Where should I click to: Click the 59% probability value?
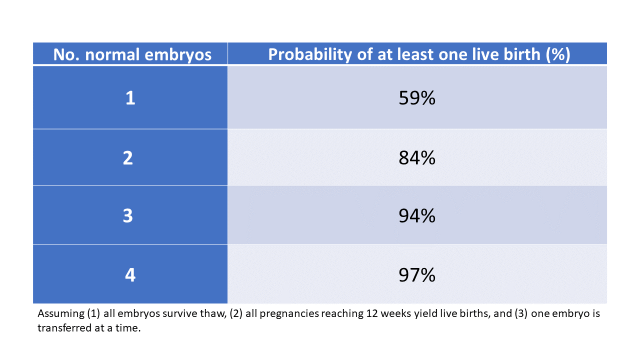point(417,98)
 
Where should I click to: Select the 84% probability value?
point(417,158)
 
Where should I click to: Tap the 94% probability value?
point(417,216)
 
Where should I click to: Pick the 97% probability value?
point(417,275)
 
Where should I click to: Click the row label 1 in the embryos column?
point(130,98)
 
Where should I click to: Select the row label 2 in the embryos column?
point(128,158)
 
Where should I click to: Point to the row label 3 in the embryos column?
point(128,216)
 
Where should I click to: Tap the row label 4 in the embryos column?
point(130,275)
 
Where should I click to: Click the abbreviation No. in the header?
point(67,55)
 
